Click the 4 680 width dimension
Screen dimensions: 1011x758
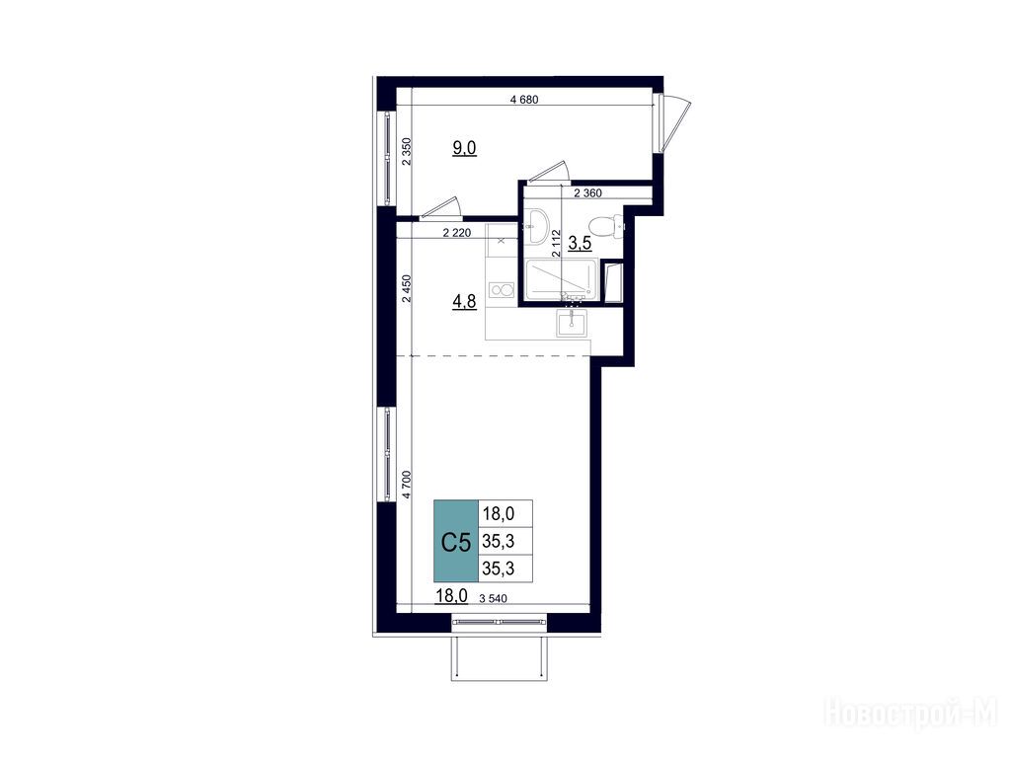click(523, 100)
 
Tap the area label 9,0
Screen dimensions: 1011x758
click(464, 148)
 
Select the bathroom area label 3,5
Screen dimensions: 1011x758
click(579, 243)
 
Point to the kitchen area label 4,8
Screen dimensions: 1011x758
click(464, 302)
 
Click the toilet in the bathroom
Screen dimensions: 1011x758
click(607, 226)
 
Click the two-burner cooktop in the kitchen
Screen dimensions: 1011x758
click(502, 290)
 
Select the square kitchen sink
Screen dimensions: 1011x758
click(572, 323)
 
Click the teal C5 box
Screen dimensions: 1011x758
click(456, 541)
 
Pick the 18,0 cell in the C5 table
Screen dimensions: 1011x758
click(499, 513)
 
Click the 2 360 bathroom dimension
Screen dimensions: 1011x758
click(587, 192)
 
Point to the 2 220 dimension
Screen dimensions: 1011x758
click(456, 233)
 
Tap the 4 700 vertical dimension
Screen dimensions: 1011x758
click(406, 485)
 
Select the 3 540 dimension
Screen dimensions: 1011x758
click(494, 599)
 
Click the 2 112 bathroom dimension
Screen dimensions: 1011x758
click(556, 244)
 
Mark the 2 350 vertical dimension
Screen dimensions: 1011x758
click(406, 152)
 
